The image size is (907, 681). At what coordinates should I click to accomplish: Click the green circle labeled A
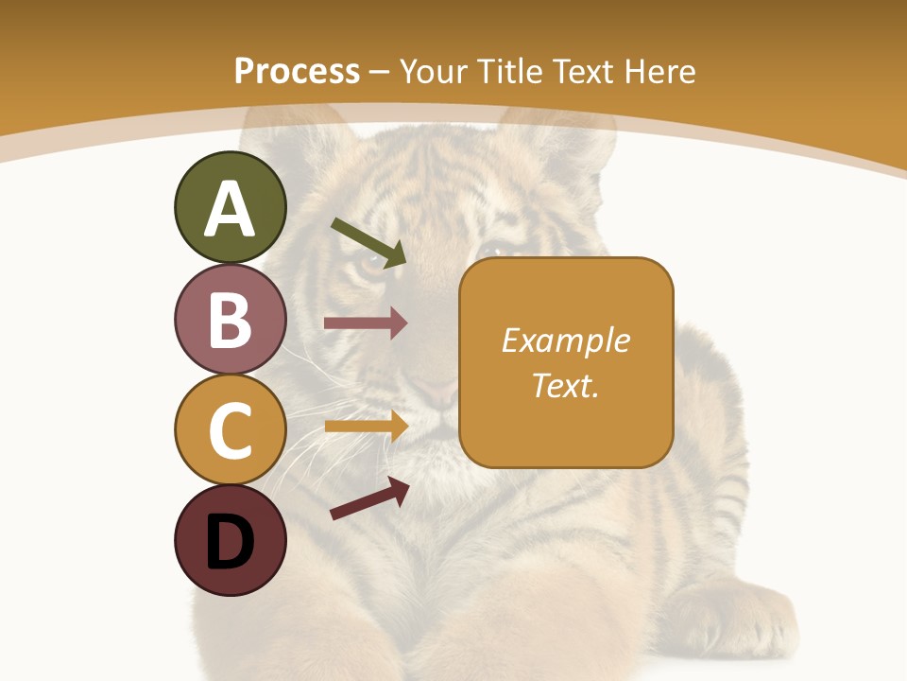(230, 207)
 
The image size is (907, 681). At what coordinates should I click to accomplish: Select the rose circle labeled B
(230, 319)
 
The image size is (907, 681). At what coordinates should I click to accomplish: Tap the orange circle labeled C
(230, 429)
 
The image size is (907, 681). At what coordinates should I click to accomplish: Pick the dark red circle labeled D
(230, 540)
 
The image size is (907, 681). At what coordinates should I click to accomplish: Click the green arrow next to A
(369, 242)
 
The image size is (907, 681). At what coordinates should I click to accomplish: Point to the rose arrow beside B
(366, 323)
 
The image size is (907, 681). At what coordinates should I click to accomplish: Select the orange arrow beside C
(367, 426)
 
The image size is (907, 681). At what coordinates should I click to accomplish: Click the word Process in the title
(297, 71)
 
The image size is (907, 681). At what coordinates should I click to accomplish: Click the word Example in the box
(566, 340)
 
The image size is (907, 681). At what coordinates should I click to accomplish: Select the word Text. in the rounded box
(566, 385)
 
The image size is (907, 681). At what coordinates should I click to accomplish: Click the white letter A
(230, 209)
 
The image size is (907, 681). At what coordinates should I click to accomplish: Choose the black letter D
(230, 542)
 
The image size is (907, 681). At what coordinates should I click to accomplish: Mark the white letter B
(230, 320)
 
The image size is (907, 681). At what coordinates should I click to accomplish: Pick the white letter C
(230, 430)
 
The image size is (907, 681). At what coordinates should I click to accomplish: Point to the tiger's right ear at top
(557, 142)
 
